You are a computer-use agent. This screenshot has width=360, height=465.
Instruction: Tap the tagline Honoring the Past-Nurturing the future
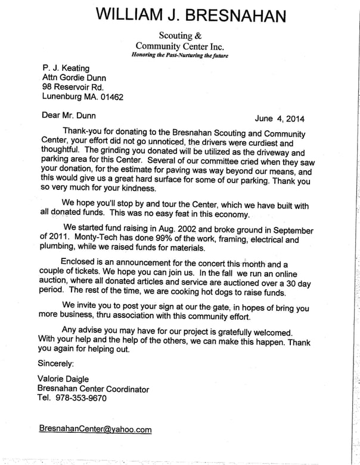pyautogui.click(x=180, y=55)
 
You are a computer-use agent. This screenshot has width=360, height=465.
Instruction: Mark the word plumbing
pyautogui.click(x=62, y=248)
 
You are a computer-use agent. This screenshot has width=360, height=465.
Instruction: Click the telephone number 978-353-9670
pyautogui.click(x=81, y=398)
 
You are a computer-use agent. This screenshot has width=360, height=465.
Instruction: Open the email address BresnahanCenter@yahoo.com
pyautogui.click(x=95, y=429)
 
